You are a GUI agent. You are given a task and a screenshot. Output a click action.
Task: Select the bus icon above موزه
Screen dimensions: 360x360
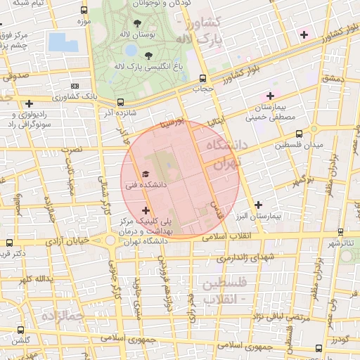(84, 11)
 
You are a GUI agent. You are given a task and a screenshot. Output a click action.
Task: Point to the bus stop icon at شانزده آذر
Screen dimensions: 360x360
(120, 101)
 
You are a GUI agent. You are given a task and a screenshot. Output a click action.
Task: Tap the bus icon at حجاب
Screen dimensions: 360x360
(202, 78)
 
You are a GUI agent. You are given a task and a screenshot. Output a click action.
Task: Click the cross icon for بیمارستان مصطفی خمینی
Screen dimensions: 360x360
(269, 95)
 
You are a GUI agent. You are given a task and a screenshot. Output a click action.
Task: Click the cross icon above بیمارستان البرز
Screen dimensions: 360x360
(258, 205)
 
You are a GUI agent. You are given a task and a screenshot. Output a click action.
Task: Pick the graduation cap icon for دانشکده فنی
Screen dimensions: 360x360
(146, 173)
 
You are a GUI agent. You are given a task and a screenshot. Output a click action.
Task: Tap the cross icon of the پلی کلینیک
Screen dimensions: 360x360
(146, 210)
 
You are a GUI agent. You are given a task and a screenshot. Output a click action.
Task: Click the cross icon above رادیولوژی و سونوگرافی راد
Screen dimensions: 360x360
(28, 103)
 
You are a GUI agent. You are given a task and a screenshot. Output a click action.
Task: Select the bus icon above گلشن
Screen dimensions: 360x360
(20, 329)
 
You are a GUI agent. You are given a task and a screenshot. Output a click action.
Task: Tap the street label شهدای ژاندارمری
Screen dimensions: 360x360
(243, 257)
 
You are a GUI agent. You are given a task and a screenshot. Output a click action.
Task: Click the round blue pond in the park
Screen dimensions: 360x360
(131, 50)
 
